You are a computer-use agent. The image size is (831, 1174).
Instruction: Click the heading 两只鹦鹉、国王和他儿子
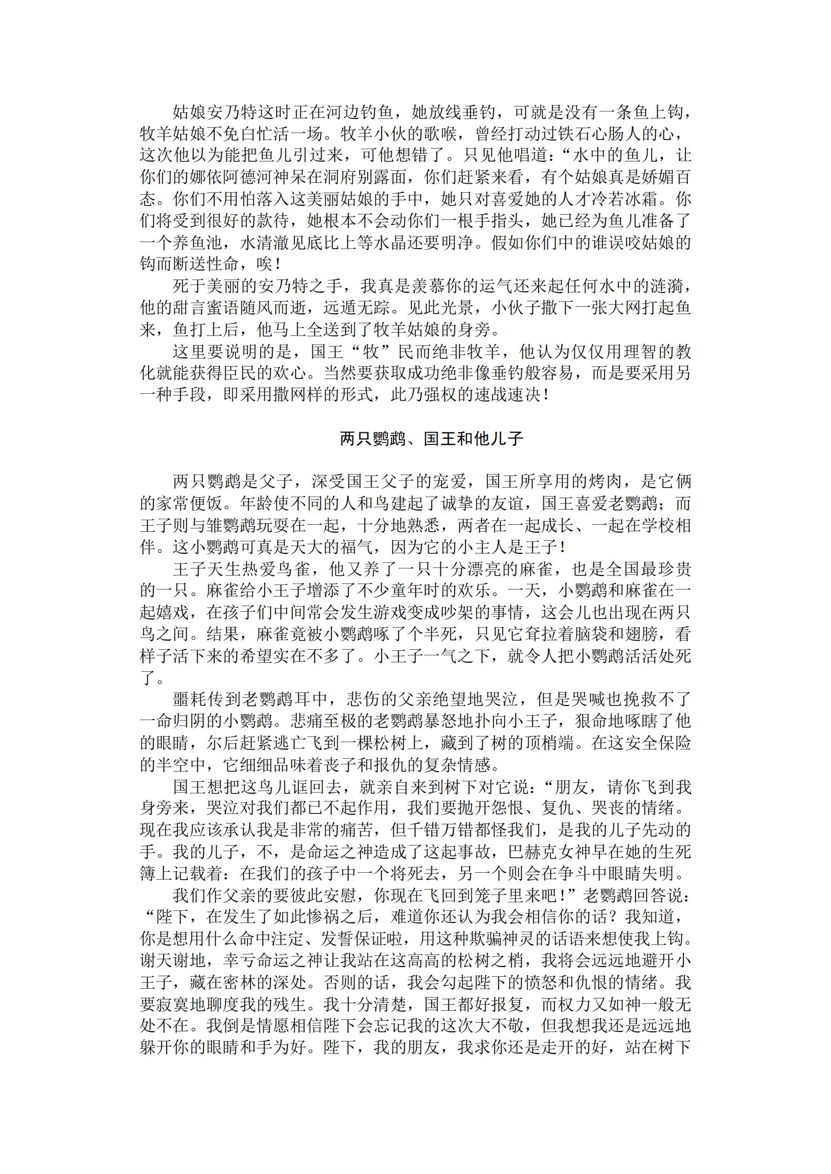pyautogui.click(x=431, y=438)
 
